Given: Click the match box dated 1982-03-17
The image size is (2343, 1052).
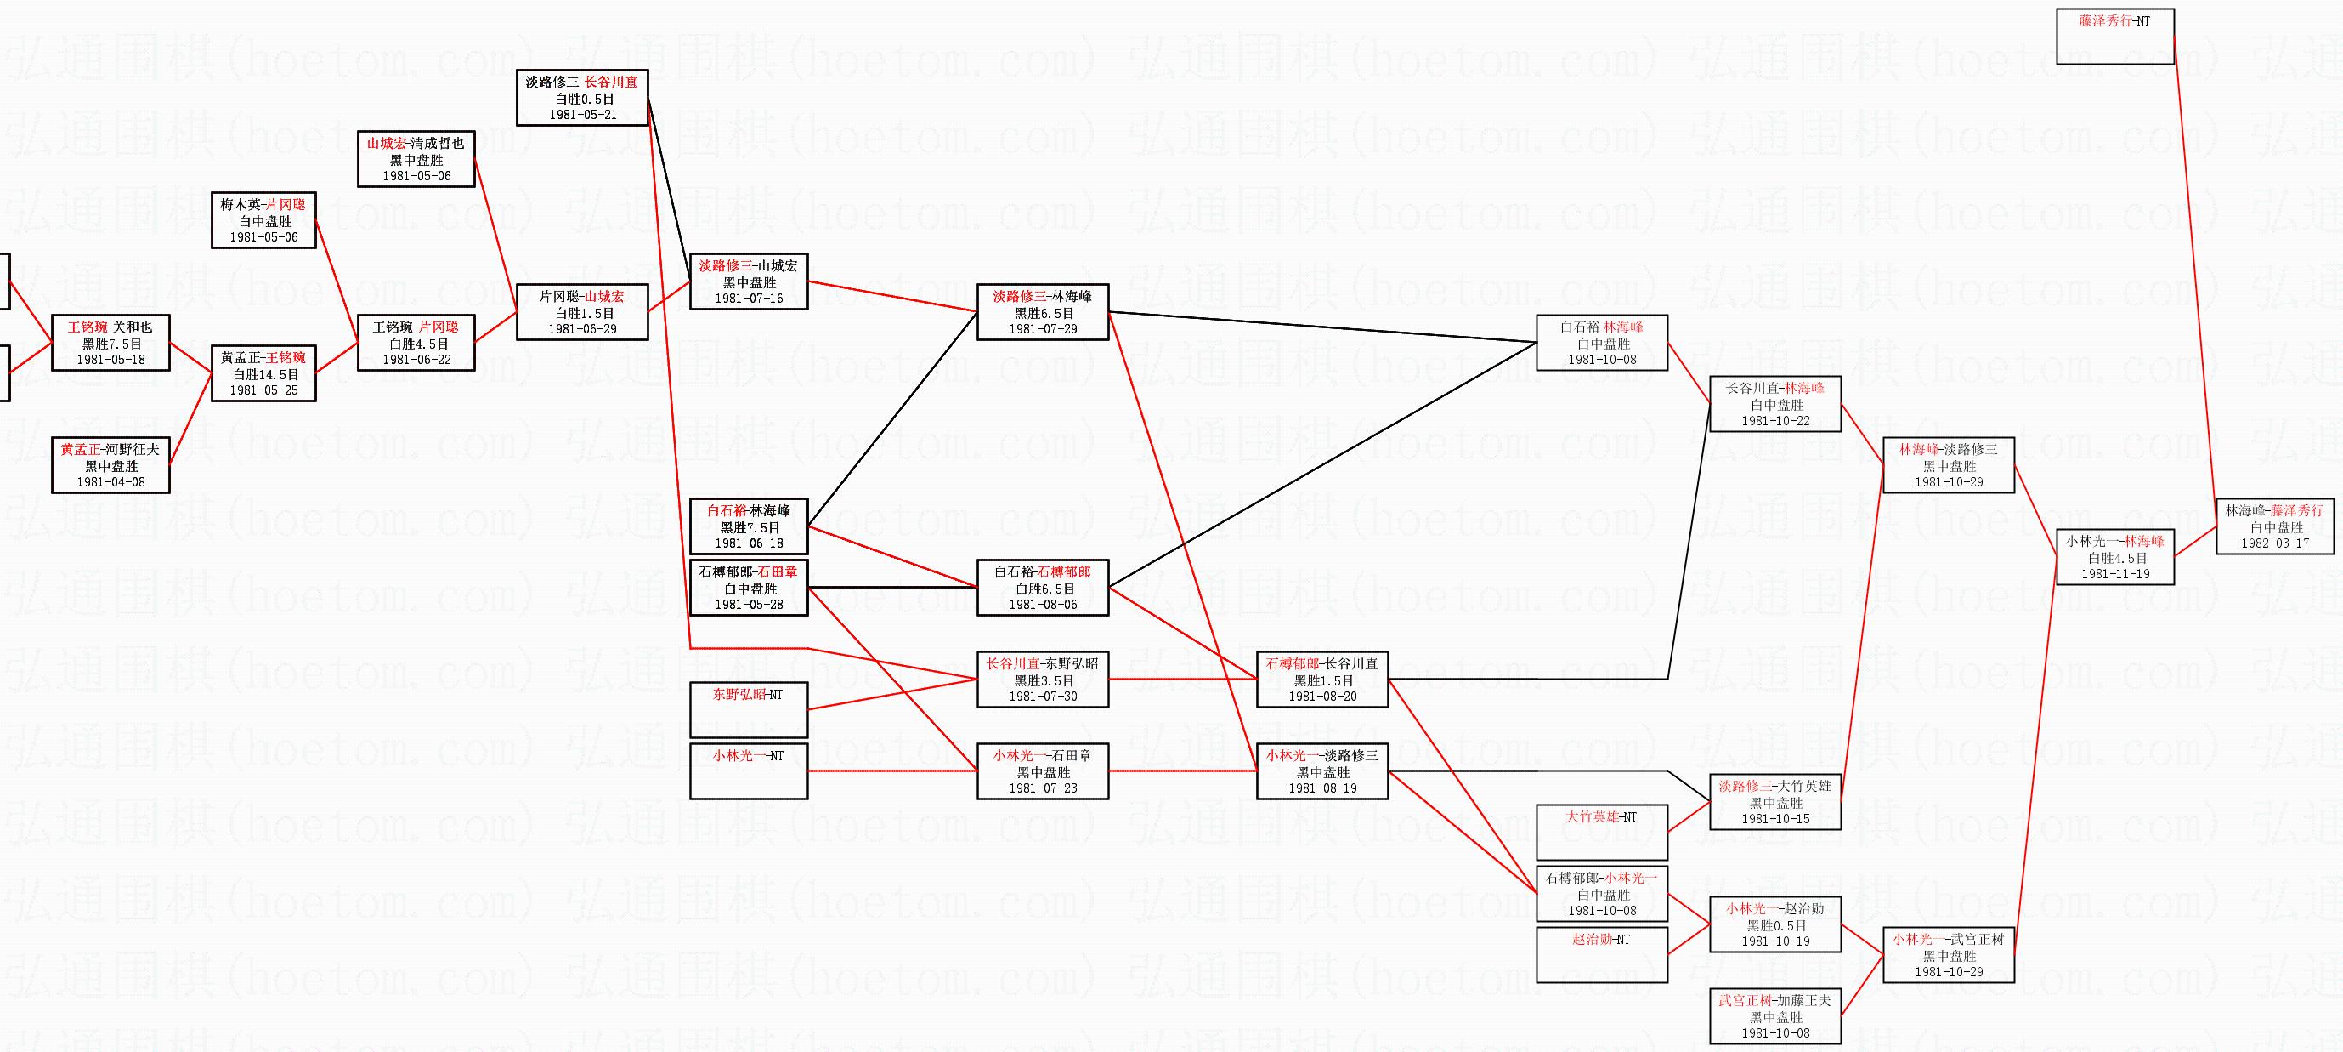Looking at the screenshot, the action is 2275,526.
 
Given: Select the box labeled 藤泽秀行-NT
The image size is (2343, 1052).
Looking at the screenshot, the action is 2114,37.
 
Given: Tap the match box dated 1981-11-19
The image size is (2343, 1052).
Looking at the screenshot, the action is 2114,557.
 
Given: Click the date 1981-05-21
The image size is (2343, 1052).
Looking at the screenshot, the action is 582,116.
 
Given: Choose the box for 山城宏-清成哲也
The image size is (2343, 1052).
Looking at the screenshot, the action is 416,158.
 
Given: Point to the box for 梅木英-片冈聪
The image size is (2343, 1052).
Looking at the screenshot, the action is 263,220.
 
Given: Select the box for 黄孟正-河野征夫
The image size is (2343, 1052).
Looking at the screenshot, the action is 110,465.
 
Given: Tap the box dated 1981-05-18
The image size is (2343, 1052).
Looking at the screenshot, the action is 110,343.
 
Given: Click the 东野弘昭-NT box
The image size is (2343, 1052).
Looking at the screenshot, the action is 748,709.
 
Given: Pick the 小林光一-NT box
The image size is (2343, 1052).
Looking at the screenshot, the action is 748,770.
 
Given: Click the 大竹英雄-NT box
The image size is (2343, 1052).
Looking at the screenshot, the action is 1601,831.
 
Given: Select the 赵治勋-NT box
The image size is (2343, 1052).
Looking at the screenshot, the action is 1601,953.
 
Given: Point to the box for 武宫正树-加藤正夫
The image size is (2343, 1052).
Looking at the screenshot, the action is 1774,1015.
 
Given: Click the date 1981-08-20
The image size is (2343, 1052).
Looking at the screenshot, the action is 1321,697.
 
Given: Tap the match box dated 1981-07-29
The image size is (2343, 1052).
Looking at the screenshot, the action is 1043,312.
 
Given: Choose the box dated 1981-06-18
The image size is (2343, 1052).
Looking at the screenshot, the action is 748,526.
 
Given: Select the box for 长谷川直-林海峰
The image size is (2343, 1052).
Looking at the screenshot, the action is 1774,404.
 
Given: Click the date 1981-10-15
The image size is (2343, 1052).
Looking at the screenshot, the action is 1775,819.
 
